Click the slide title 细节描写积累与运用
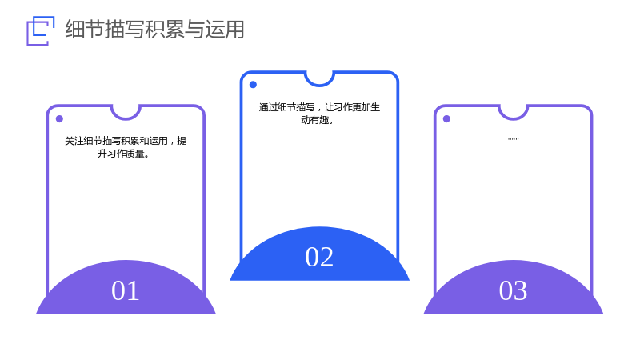point(154,30)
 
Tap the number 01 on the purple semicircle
point(126,290)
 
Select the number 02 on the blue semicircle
point(319,257)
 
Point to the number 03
point(513,290)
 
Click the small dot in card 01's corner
point(59,118)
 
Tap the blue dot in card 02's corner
point(253,85)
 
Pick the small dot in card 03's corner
point(446,118)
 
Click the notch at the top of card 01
point(126,118)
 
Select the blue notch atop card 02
point(319,85)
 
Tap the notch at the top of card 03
point(514,118)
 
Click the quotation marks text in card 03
point(513,139)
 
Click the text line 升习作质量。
point(123,154)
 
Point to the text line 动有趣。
point(317,120)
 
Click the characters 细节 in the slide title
point(85,30)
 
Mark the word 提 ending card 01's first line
point(182,141)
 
